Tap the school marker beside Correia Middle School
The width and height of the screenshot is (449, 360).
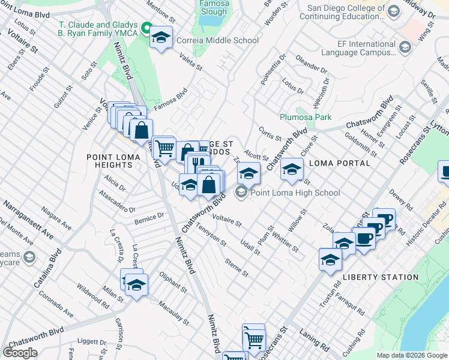click(161, 38)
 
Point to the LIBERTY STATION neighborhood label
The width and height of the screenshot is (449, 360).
click(381, 277)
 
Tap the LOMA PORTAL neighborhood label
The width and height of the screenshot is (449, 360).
click(337, 163)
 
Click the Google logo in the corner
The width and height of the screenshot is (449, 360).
click(20, 352)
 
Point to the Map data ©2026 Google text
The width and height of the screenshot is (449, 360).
click(411, 355)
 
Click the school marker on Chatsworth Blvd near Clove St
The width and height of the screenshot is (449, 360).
click(292, 169)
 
